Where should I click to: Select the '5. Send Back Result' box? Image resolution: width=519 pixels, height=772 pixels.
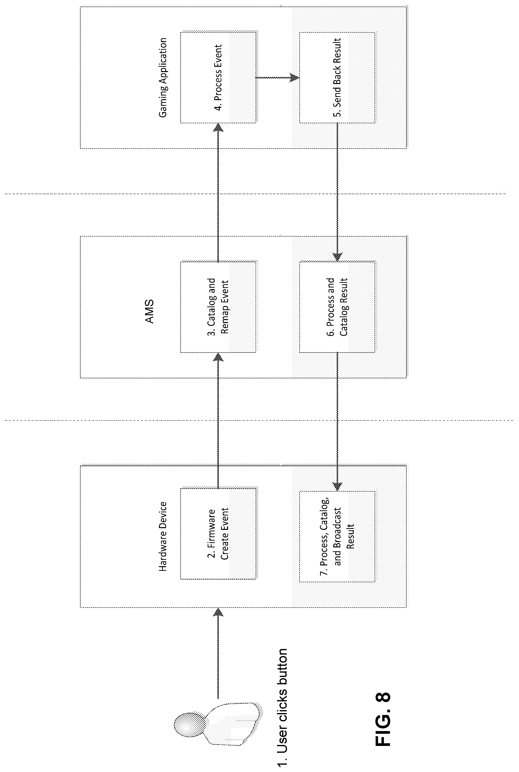pos(337,77)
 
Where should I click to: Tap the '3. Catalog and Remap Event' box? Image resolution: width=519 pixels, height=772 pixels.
pos(218,307)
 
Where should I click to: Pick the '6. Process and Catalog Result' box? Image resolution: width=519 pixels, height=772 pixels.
pos(337,307)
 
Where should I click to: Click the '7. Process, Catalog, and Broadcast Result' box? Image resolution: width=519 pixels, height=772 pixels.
pos(337,536)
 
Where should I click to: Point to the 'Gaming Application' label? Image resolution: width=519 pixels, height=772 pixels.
pos(163,77)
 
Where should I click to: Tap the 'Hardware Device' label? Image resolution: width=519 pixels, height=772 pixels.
pos(163,536)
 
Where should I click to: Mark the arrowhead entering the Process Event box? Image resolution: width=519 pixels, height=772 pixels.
pos(218,127)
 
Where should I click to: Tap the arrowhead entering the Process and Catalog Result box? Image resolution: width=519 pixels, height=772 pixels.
pos(337,257)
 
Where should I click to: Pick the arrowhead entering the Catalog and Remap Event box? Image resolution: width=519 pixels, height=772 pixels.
pos(218,357)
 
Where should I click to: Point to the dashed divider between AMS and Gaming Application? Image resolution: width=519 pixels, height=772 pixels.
pos(255,193)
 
